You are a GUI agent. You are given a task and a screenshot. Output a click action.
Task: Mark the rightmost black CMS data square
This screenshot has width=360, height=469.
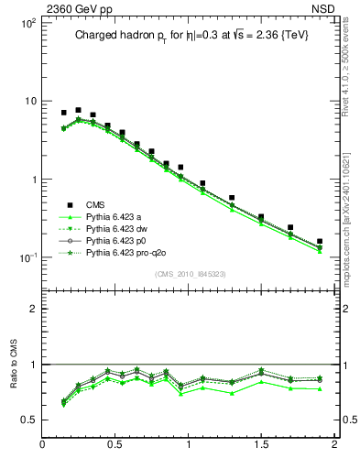coord(320,242)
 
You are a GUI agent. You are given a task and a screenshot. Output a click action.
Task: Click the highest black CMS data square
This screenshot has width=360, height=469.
coord(78,110)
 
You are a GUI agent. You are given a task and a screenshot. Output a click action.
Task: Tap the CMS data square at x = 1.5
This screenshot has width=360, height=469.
coord(261,217)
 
